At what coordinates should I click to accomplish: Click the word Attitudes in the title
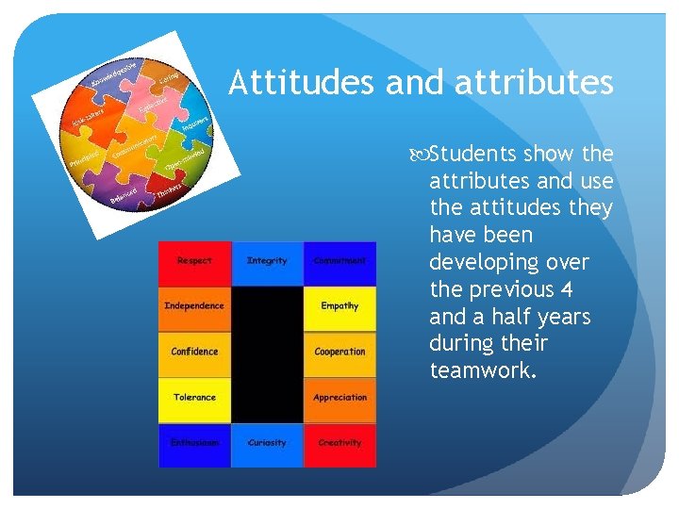pos(302,83)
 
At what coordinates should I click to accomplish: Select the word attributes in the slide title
pos(534,83)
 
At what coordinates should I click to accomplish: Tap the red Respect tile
pos(194,262)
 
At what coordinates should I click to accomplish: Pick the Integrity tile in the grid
pos(267,262)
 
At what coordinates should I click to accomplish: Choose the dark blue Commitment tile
pos(339,262)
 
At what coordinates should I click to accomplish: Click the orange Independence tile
pos(194,307)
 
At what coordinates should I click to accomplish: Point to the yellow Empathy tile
pos(339,307)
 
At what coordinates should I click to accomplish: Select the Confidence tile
pos(194,353)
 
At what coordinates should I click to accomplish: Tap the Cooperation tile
pos(339,353)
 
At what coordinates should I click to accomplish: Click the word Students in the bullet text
pos(477,154)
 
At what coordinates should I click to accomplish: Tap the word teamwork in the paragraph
pos(480,370)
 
